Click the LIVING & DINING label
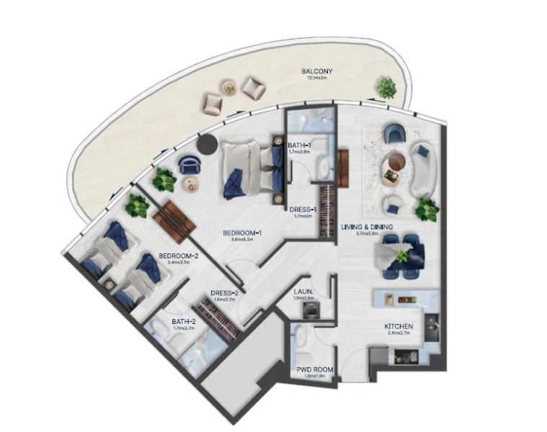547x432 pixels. coord(367,227)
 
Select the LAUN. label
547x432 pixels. coord(303,291)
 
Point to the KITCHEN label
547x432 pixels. coord(397,325)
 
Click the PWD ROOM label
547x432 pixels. coord(315,369)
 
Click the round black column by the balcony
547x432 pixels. coord(207,144)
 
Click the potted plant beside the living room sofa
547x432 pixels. coord(427,210)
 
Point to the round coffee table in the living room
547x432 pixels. coord(395,161)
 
